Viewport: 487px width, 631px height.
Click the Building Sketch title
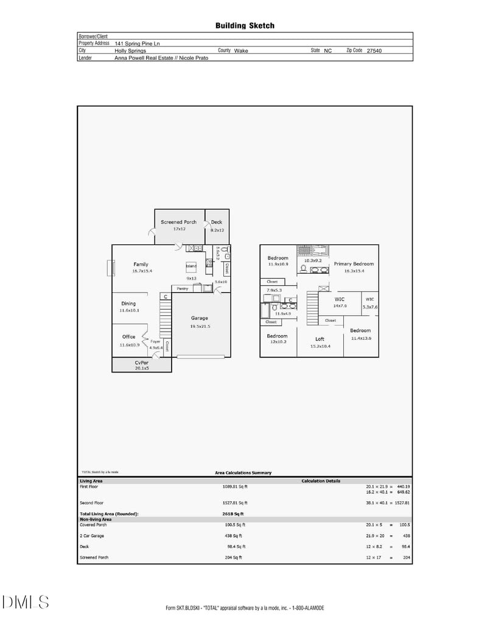245,26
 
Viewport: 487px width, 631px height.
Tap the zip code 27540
374,51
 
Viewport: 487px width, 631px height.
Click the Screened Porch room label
178,222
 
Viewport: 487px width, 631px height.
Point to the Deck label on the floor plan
217,222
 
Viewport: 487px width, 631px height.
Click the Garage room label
199,318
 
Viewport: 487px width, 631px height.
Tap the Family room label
141,264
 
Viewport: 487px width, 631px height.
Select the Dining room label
128,304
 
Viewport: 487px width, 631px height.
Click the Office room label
128,337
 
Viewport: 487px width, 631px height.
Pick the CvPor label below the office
141,362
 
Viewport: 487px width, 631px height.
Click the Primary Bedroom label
354,264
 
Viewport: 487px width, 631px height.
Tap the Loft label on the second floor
320,339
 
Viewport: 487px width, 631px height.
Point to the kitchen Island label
191,266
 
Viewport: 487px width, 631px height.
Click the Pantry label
182,288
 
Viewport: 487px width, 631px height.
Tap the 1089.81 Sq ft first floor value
235,487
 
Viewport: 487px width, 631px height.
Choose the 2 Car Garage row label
92,535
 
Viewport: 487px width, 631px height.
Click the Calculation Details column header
321,481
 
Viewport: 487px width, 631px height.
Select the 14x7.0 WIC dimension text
340,306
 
